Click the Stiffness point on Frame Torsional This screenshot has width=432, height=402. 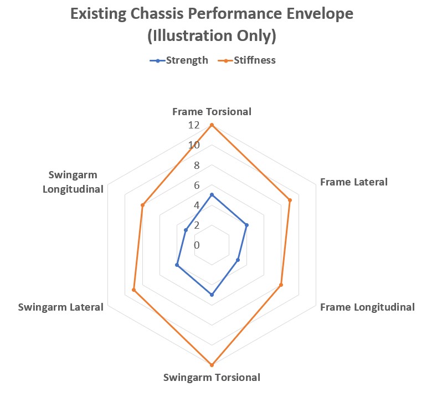point(212,125)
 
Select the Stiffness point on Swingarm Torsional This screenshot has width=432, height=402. point(212,365)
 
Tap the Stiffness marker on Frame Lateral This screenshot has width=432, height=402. point(290,200)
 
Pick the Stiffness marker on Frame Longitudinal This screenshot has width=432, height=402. point(281,285)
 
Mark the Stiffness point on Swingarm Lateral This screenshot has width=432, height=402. point(133,290)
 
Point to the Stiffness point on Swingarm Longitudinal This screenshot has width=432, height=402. point(142,205)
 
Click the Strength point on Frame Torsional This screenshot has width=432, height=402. point(212,195)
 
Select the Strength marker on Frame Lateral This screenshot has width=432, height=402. point(246,225)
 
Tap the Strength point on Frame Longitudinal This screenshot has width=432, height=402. point(238,260)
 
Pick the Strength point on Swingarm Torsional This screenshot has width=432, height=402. point(212,295)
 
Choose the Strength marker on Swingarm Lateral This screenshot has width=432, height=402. point(177,265)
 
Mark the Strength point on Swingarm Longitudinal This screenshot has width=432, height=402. point(186,230)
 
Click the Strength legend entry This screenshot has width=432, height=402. point(179,60)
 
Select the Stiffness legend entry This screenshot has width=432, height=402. point(246,60)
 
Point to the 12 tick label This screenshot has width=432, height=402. point(194,125)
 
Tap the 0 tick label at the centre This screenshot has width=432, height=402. point(197,245)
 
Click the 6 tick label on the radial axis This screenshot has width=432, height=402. point(197,185)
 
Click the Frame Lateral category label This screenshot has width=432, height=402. point(354,182)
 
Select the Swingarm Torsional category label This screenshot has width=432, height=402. point(212,378)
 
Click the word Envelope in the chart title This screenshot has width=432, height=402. point(320,14)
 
